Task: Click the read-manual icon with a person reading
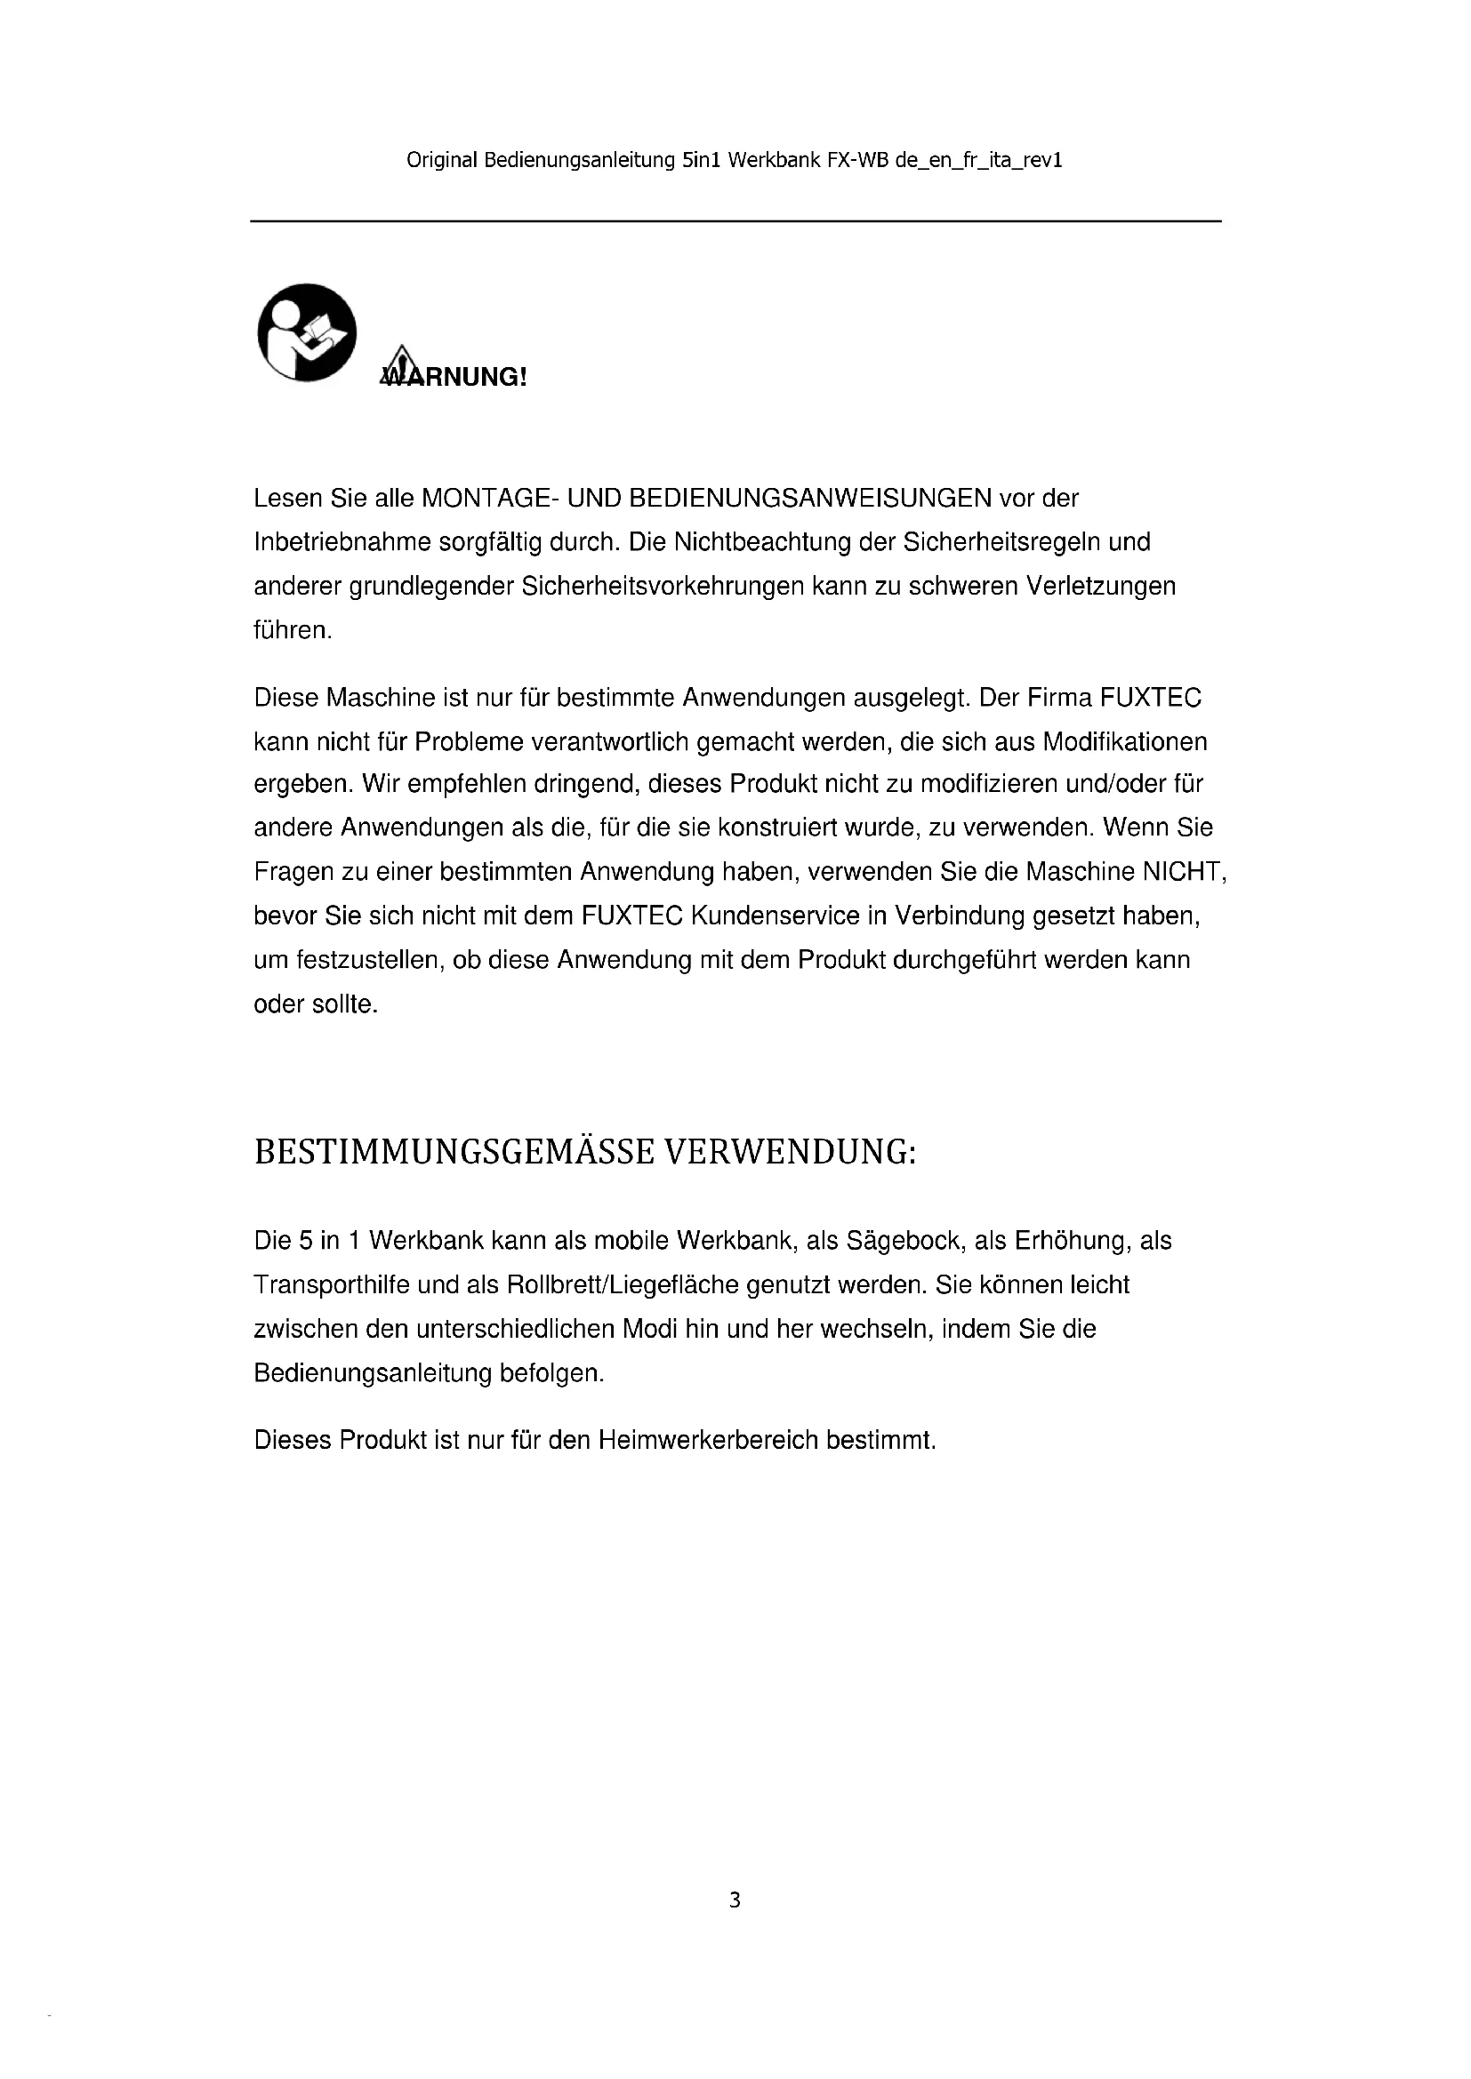[x=307, y=332]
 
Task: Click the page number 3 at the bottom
[x=735, y=1899]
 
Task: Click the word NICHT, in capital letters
[x=1184, y=871]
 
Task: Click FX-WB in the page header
[x=856, y=160]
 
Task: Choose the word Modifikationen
[x=1125, y=741]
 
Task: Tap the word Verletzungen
[x=1100, y=587]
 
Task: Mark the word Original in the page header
[x=441, y=160]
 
